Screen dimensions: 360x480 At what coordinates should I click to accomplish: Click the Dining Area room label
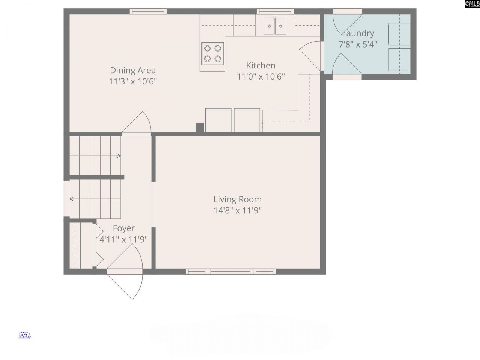132,70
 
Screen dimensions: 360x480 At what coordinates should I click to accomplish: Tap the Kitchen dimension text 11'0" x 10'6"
261,76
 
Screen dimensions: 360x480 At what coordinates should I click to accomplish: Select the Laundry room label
358,33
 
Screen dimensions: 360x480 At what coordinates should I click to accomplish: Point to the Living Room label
237,199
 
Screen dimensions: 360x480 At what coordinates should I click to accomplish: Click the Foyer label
123,228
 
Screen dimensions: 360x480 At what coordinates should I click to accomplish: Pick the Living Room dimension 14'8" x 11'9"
237,210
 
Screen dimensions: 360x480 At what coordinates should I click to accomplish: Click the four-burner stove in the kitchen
213,53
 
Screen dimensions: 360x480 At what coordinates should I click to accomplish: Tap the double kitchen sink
274,26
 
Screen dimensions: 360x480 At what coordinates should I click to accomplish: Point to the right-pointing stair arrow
95,156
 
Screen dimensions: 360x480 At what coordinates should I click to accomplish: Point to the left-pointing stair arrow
95,199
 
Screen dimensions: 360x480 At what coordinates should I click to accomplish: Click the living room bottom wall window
231,271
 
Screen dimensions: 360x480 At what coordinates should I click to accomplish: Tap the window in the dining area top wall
148,11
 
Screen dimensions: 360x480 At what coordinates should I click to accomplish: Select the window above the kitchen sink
274,11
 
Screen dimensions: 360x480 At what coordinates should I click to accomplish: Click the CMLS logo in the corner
472,4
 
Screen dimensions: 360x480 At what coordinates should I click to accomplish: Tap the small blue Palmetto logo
24,335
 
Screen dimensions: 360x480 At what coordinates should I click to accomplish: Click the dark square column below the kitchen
200,128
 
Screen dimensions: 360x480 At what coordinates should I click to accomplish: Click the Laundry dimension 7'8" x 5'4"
358,44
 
